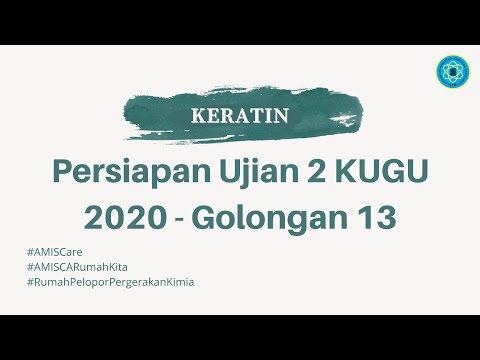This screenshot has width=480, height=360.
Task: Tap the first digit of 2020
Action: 95,215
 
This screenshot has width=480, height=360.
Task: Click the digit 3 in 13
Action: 385,215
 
